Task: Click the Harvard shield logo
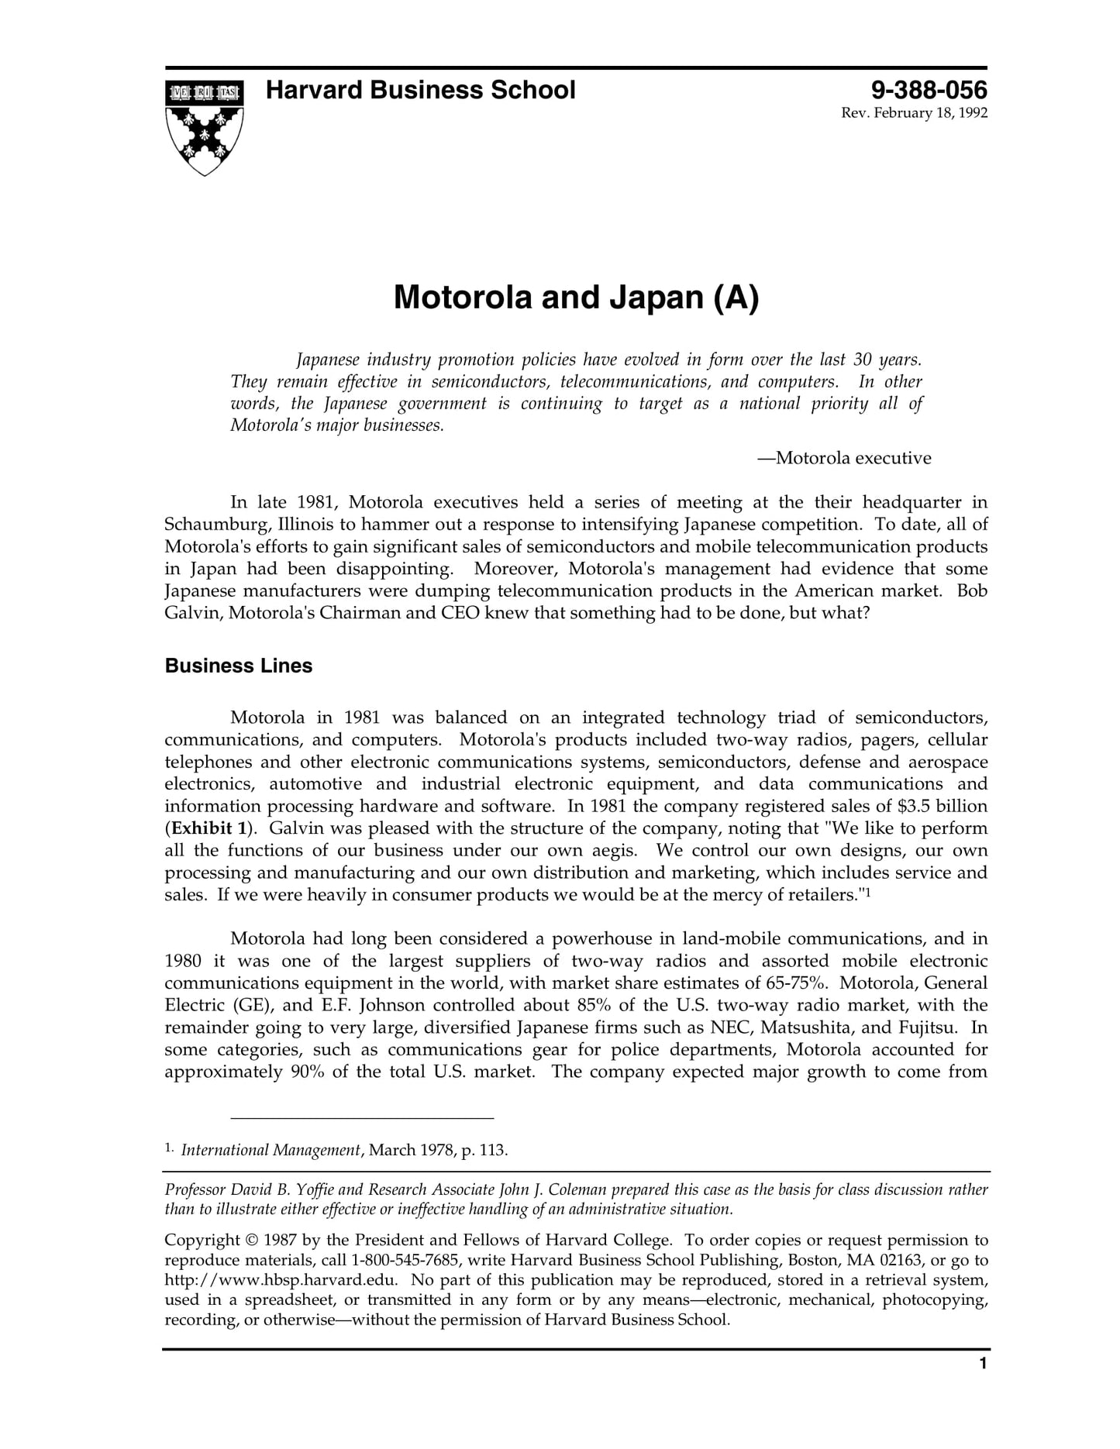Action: tap(204, 127)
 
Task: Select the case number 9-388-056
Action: tap(929, 91)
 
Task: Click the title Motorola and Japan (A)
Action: tap(576, 298)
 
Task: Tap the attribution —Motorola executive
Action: tap(844, 458)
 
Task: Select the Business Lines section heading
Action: tap(239, 666)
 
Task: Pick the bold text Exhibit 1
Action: tap(208, 828)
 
